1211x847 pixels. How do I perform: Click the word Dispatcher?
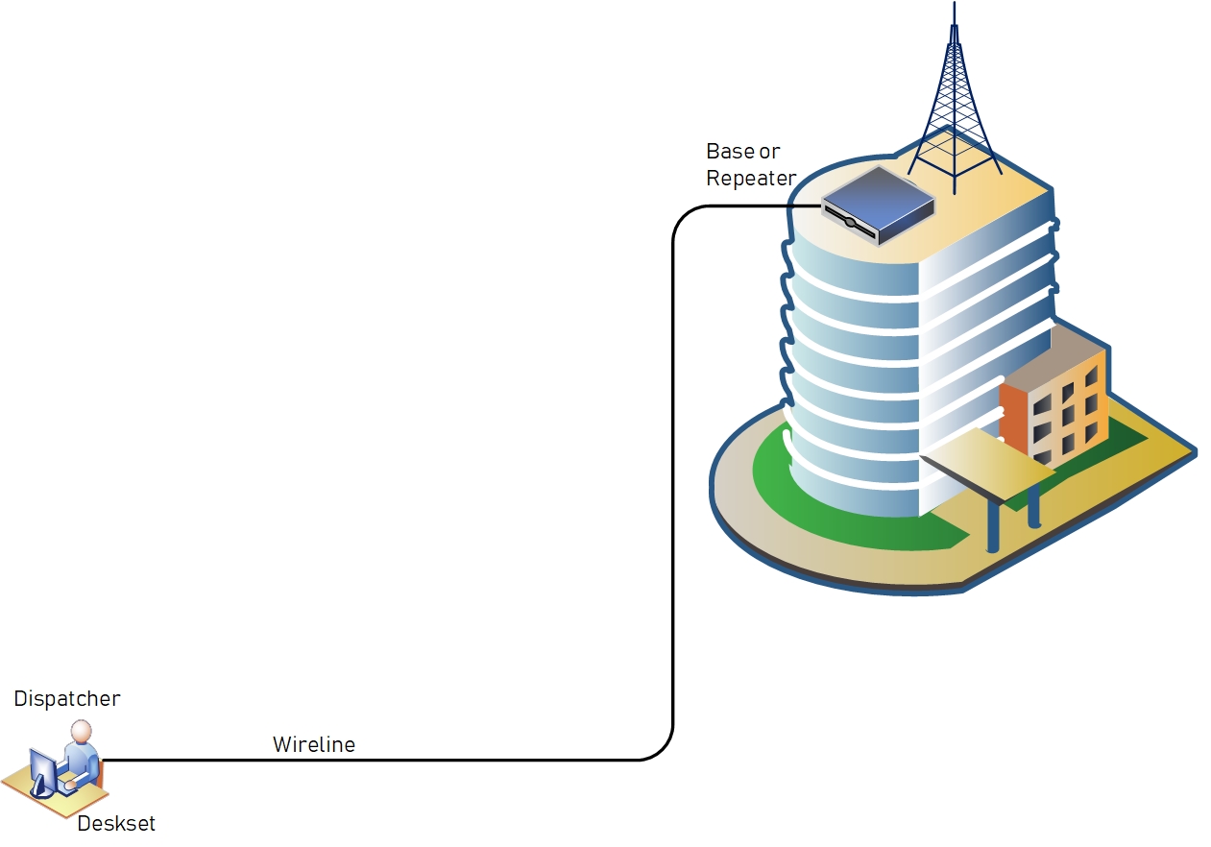pyautogui.click(x=67, y=699)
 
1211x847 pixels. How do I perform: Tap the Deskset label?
pyautogui.click(x=116, y=824)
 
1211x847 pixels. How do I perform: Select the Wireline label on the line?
pyautogui.click(x=314, y=745)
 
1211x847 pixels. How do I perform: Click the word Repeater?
pyautogui.click(x=751, y=179)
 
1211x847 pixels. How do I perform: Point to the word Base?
pyautogui.click(x=730, y=152)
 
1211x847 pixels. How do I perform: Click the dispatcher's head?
pyautogui.click(x=82, y=732)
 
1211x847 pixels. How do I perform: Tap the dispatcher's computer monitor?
pyautogui.click(x=44, y=772)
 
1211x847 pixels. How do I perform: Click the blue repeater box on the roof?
pyautogui.click(x=878, y=206)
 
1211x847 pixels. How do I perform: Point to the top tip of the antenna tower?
pyautogui.click(x=955, y=2)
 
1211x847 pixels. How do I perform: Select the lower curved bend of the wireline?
pyautogui.click(x=664, y=750)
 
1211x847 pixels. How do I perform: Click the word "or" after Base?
pyautogui.click(x=770, y=153)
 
